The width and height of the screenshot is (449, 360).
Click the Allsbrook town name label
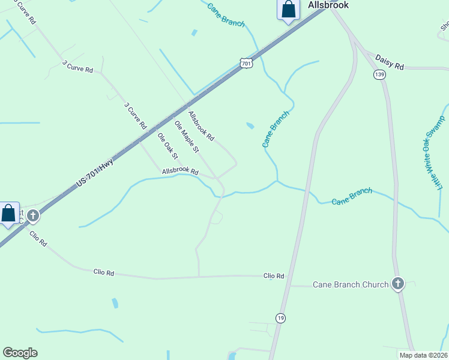[328, 5]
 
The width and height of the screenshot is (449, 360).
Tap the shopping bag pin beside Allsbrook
[289, 9]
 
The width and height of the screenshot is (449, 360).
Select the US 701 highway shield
[246, 63]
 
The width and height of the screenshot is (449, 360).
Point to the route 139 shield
[379, 74]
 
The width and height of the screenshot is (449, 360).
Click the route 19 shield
[280, 317]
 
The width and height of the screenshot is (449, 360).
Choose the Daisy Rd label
[390, 62]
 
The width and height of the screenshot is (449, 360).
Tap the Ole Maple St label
[186, 136]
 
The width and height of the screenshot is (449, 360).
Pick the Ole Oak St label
[168, 146]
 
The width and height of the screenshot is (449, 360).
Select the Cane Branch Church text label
[351, 284]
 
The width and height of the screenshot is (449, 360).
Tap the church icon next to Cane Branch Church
[397, 284]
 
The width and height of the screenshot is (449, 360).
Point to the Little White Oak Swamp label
[435, 155]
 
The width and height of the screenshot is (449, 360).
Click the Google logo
[20, 353]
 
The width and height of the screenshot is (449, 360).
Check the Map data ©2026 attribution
[423, 355]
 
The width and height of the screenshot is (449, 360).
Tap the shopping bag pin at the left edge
[8, 213]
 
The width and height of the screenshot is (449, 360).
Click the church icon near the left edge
[33, 215]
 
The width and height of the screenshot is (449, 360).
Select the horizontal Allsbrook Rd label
[180, 172]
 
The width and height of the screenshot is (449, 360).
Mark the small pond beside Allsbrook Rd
[250, 125]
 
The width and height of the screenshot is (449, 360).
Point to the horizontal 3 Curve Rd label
[77, 66]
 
